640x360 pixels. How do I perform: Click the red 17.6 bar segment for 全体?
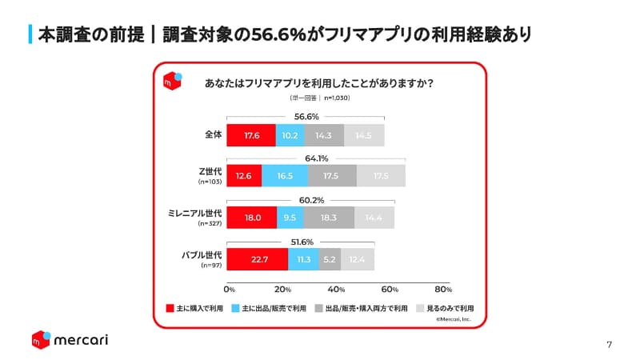(x=251, y=135)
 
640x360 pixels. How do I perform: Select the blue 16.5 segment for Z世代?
(x=285, y=176)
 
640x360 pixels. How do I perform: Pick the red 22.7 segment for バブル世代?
(x=257, y=258)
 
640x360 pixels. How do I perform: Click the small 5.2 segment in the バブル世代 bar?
(x=330, y=258)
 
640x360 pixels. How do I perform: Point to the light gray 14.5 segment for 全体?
(x=364, y=135)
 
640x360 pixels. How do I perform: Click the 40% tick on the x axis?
(x=336, y=289)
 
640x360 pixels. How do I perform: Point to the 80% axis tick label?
(x=443, y=289)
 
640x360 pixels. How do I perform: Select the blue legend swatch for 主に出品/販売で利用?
(x=235, y=307)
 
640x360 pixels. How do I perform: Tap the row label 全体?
(x=213, y=135)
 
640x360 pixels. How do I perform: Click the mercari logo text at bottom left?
(x=81, y=340)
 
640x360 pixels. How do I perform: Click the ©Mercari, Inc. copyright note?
(x=454, y=318)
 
